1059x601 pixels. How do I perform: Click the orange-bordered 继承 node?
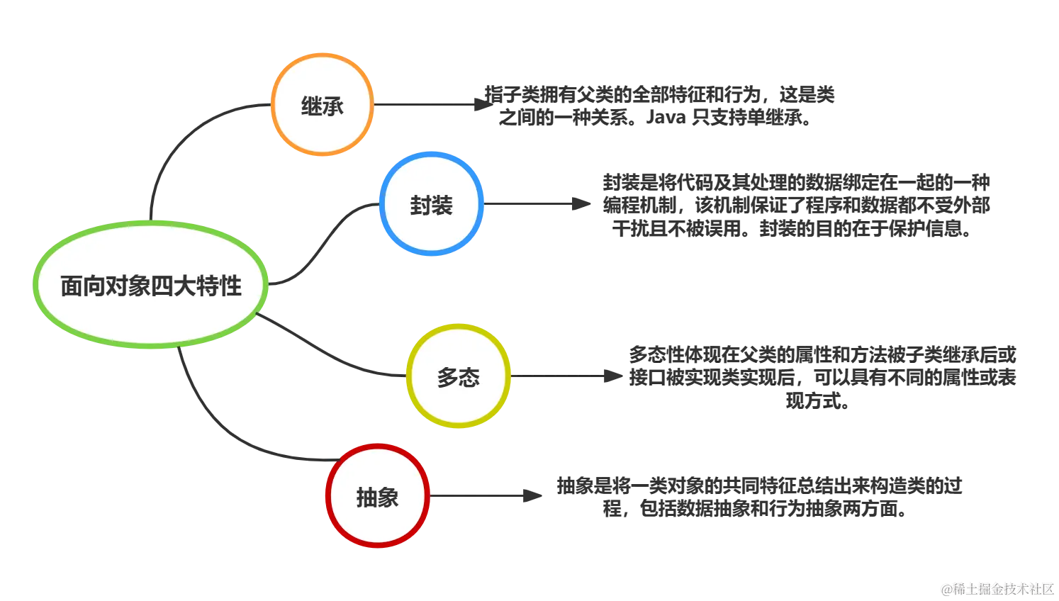tap(322, 104)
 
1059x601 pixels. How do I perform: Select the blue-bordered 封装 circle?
tap(431, 204)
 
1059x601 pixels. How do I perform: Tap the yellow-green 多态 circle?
tap(458, 376)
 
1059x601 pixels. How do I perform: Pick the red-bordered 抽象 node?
tap(377, 496)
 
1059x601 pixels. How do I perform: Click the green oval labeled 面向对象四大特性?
tap(150, 285)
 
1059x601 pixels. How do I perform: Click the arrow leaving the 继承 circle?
tap(425, 105)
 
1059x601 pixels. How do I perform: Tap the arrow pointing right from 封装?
tap(539, 205)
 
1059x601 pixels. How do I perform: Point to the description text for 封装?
tap(794, 204)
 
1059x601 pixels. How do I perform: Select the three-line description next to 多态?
tap(822, 376)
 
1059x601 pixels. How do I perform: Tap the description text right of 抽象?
tap(758, 498)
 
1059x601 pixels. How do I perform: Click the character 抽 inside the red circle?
tap(366, 497)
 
